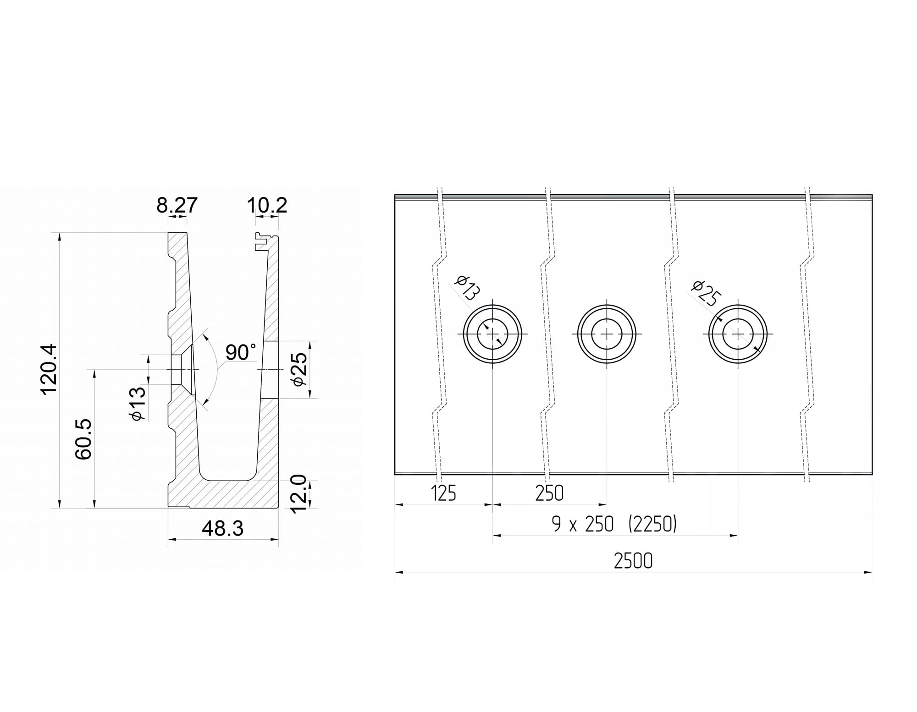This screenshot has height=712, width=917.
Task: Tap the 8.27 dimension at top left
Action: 177,205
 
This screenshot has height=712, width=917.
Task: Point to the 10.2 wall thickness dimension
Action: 267,205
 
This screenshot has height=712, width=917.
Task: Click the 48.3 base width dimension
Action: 223,529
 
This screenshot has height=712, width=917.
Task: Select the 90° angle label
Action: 241,352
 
